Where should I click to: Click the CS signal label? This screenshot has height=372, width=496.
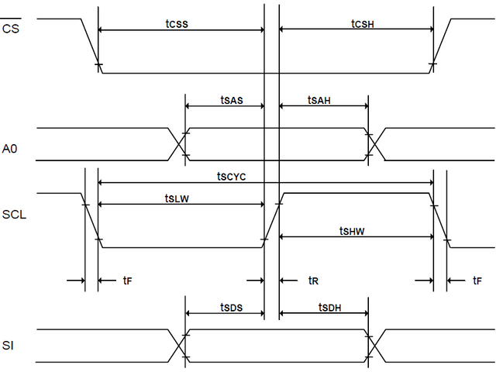(11, 29)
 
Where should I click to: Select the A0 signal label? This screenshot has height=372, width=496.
(10, 148)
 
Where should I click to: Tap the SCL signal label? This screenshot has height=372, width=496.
(14, 214)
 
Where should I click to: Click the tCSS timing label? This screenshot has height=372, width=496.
(177, 22)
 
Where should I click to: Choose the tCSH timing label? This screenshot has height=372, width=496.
(362, 22)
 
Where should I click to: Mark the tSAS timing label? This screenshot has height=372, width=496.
(231, 99)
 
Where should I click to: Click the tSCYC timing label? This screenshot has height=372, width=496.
(231, 177)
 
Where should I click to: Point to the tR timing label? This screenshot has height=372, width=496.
(313, 280)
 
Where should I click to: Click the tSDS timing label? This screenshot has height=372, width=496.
(231, 308)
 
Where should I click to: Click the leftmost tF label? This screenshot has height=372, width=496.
(127, 280)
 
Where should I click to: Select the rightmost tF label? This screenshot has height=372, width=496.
(477, 280)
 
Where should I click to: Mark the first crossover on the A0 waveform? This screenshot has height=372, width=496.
(177, 144)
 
